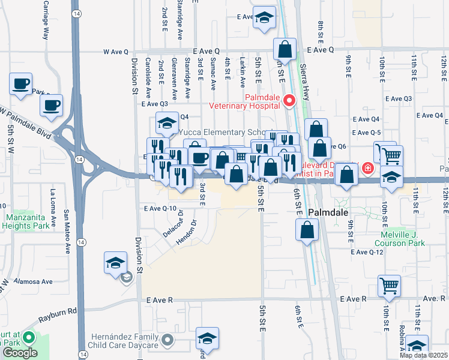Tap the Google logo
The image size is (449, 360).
[19, 353]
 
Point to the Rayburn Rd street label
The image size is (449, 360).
[64, 311]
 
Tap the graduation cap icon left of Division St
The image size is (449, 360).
[115, 263]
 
